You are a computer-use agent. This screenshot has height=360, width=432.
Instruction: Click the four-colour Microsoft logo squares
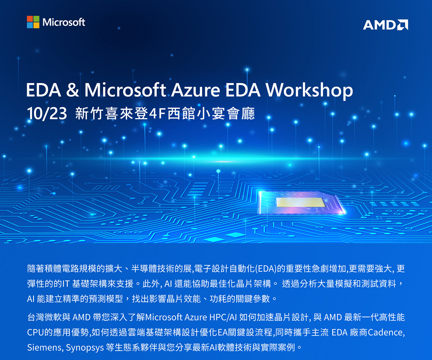click(33, 22)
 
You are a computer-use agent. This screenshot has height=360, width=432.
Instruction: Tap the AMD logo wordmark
click(386, 25)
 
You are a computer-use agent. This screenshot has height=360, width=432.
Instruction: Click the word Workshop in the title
click(309, 90)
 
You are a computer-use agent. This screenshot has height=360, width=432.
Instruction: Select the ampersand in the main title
click(73, 90)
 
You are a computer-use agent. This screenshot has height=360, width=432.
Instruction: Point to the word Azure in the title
click(195, 90)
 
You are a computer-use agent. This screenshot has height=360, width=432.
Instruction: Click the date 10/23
click(47, 114)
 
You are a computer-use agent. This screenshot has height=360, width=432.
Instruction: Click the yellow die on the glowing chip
click(300, 202)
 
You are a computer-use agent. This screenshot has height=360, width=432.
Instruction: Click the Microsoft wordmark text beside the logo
click(64, 22)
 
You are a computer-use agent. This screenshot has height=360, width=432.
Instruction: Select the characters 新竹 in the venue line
click(89, 114)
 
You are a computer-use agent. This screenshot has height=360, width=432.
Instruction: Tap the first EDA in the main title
click(44, 90)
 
